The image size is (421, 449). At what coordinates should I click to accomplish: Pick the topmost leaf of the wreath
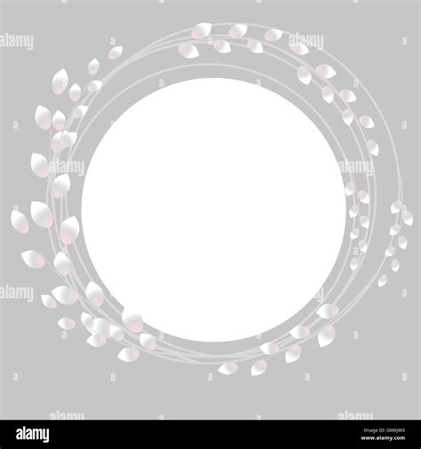[203, 30]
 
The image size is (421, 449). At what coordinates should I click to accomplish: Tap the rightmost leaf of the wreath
[407, 217]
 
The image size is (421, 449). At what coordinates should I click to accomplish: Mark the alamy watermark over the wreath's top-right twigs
[306, 41]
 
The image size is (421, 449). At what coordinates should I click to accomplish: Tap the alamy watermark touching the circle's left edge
[68, 166]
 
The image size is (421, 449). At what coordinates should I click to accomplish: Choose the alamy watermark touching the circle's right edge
[355, 166]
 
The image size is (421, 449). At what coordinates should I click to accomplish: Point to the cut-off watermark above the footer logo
[67, 415]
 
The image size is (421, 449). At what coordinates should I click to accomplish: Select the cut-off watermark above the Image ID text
[355, 415]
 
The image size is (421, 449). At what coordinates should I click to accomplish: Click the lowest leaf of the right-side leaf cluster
[383, 280]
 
